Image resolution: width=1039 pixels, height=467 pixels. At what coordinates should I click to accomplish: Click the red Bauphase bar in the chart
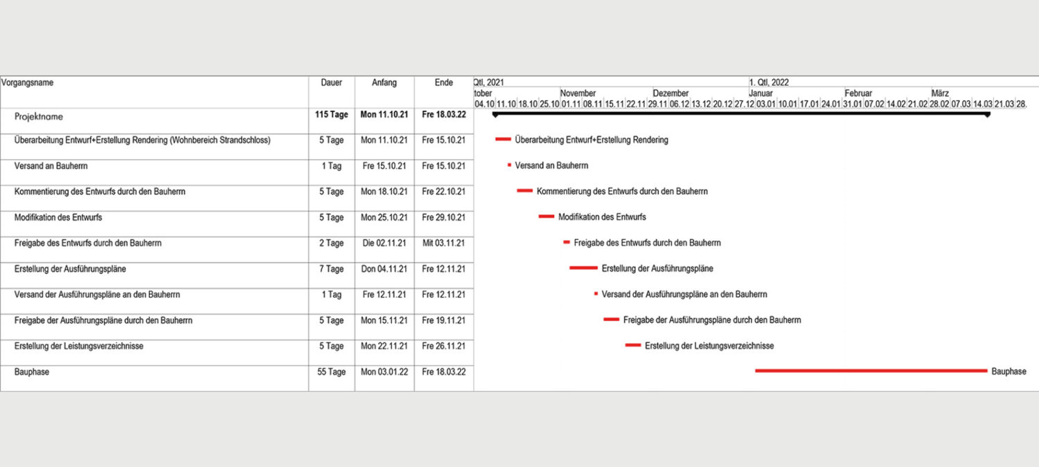[871, 371]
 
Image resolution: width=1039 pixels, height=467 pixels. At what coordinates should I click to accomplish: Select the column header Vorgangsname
[28, 83]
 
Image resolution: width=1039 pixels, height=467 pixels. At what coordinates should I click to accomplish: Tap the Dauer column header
[331, 83]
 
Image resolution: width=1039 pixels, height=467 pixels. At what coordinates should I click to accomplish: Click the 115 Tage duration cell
[331, 115]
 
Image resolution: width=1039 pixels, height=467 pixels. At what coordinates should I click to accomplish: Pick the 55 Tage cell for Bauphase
[331, 372]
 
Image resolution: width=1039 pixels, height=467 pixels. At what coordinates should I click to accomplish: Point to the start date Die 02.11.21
[384, 244]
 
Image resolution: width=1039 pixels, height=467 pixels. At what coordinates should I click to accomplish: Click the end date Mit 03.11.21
[444, 244]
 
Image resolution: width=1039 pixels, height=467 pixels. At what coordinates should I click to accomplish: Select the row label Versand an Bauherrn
[51, 166]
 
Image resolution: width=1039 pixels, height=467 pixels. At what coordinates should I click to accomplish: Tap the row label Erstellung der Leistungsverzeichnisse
[78, 346]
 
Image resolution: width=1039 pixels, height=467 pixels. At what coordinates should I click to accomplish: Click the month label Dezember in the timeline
[671, 93]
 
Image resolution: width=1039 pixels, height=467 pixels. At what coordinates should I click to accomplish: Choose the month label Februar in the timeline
[858, 93]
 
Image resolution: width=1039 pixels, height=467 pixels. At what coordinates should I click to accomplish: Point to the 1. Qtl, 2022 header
[768, 82]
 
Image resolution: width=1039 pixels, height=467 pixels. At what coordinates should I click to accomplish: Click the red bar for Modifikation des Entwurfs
[547, 217]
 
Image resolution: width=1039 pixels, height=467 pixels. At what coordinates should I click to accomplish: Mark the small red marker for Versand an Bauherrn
[509, 165]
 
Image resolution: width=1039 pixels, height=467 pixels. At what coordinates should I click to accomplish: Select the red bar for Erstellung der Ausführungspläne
[583, 268]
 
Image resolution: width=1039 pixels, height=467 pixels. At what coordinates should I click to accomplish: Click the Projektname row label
[39, 117]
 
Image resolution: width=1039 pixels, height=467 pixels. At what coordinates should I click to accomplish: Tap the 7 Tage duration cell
[331, 269]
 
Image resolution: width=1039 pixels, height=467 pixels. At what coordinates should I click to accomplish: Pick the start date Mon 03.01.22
[384, 372]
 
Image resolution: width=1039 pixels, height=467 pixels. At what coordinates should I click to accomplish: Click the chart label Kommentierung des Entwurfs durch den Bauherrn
[622, 191]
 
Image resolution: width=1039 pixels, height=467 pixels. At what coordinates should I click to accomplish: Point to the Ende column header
[444, 83]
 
